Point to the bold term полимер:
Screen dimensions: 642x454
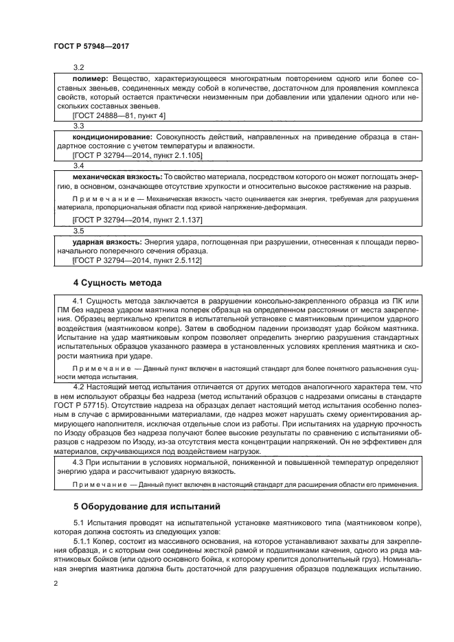click(x=91, y=80)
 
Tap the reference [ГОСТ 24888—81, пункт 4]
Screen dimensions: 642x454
click(x=115, y=117)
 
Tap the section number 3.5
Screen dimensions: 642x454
click(x=78, y=231)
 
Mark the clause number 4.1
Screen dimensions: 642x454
click(x=77, y=301)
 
